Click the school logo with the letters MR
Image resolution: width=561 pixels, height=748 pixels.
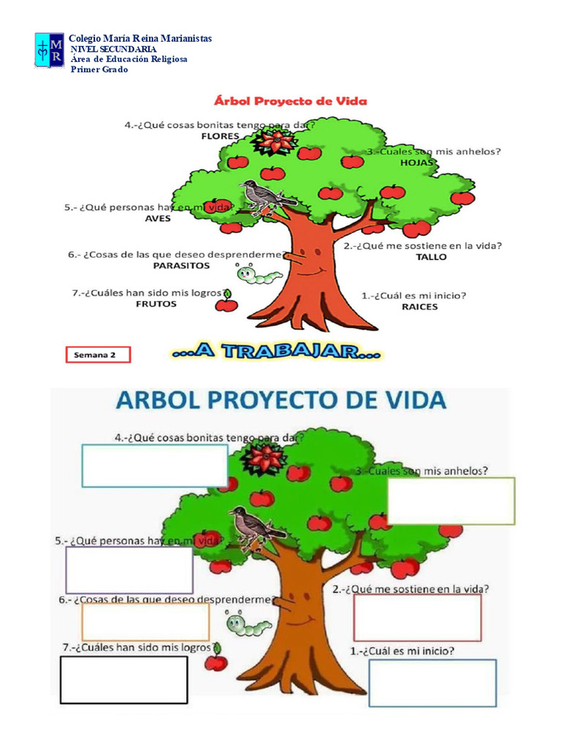[x=50, y=50]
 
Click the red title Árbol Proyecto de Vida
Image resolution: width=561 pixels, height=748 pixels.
[x=291, y=101]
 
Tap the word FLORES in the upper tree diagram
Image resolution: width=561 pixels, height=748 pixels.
[x=220, y=137]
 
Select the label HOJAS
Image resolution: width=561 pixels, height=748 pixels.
[x=417, y=163]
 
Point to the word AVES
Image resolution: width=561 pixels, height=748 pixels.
[x=158, y=218]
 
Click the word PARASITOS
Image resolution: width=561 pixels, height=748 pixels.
[x=181, y=266]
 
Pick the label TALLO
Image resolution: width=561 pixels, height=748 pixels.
[x=431, y=257]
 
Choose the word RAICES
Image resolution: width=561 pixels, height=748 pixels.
[x=420, y=307]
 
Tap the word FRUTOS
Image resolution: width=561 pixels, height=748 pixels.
[x=156, y=304]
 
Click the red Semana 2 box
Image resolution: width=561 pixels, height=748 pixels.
[x=99, y=355]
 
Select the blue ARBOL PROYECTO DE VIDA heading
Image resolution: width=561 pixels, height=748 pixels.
[x=281, y=400]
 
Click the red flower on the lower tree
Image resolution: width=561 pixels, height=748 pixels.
[x=264, y=458]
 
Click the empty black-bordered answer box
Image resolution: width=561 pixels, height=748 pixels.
[x=123, y=680]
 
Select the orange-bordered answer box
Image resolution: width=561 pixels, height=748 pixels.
[x=145, y=622]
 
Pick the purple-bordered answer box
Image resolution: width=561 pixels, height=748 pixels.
[x=129, y=570]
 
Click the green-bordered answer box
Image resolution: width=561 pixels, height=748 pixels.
[x=451, y=501]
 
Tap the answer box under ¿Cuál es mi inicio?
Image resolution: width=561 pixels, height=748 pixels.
[x=432, y=683]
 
